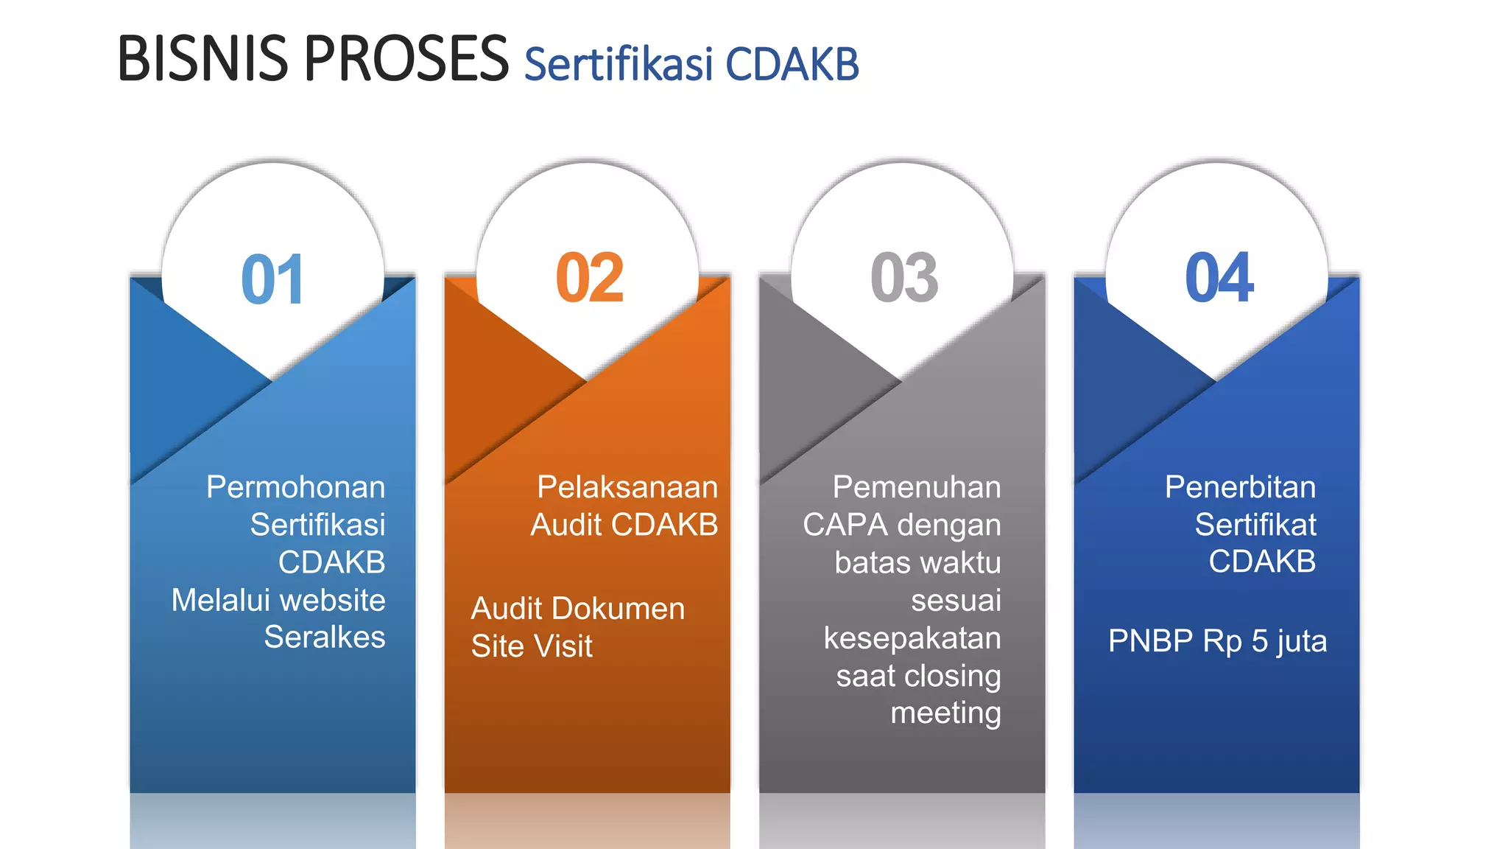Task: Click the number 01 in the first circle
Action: coord(272,279)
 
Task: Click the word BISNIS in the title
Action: coord(202,59)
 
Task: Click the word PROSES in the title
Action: coord(406,59)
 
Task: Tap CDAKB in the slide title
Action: coord(792,64)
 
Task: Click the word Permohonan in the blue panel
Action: coord(295,487)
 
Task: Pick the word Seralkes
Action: coord(324,637)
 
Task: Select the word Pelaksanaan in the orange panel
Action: coord(627,487)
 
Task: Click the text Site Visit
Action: coord(532,646)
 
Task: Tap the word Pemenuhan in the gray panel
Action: coord(916,487)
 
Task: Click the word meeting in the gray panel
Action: coord(945,713)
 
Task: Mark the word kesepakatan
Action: coord(912,637)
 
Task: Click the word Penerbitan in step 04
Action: coord(1240,487)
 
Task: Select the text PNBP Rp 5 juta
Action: coord(1217,641)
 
